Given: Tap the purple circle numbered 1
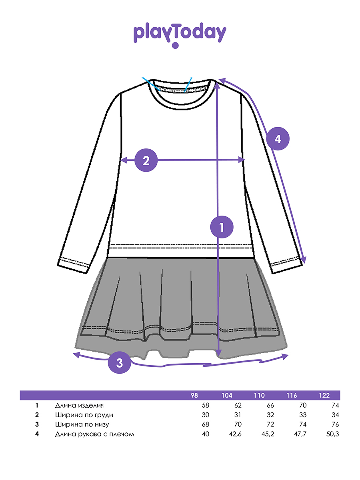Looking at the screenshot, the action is click(222, 227).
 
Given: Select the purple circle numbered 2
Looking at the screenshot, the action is click(146, 160).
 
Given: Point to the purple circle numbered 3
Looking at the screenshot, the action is click(120, 362).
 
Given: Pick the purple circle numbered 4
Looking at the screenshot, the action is click(278, 139).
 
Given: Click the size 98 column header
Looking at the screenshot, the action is click(194, 395).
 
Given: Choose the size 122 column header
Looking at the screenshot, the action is click(324, 395).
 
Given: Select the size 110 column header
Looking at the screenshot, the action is click(259, 395).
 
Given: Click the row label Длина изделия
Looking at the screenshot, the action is click(79, 406).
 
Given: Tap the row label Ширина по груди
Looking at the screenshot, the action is click(84, 415).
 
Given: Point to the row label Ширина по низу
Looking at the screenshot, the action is click(82, 425).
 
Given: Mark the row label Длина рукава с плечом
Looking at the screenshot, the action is click(95, 434).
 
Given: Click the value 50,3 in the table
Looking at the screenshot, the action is click(332, 434).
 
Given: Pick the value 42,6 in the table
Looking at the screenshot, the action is click(235, 434).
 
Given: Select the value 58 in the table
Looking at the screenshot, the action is click(206, 406).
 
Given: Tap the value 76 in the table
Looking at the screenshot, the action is click(335, 424).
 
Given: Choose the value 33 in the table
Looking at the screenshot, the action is click(303, 415).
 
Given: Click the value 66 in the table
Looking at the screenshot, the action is click(270, 406).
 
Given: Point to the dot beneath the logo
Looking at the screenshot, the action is click(175, 46).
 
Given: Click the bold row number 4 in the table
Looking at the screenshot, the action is click(37, 434).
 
